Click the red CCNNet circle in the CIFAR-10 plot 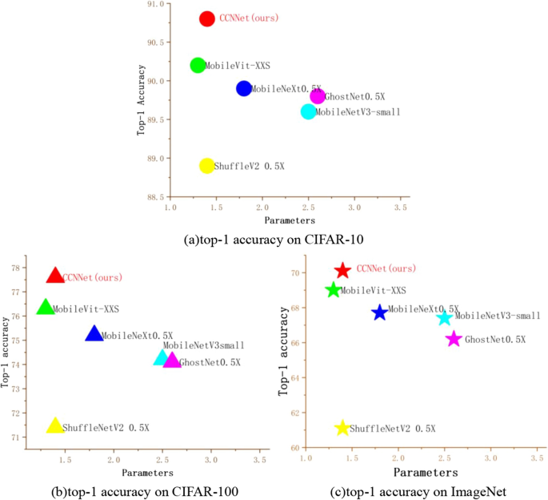207,18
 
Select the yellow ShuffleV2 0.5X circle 207,166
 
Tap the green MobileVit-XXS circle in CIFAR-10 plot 198,65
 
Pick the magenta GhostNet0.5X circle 318,96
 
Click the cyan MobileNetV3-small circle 308,111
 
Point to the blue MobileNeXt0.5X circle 244,88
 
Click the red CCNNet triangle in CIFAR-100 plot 55,276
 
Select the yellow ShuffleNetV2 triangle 55,426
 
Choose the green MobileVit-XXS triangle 46,308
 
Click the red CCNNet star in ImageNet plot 342,271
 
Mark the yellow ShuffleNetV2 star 342,428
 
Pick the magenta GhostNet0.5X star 454,339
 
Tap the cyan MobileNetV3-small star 445,318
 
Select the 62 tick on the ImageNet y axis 294,413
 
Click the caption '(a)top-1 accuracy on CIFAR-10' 274,238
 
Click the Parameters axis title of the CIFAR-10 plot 290,220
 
